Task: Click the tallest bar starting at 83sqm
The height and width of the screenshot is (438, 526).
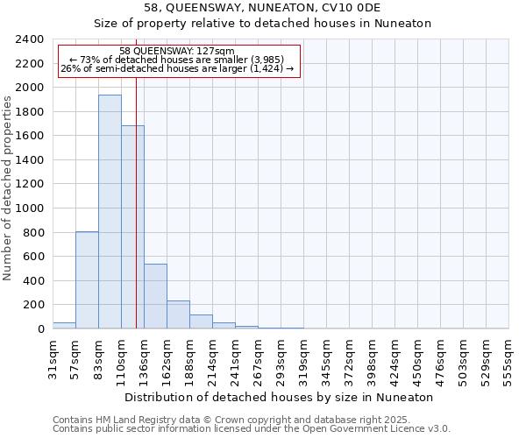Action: [x=110, y=212]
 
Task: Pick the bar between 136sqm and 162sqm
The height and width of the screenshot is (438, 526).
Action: [x=155, y=296]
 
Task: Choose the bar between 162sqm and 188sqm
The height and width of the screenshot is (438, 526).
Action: [x=178, y=314]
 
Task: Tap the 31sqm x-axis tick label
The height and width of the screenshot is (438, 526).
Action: [x=53, y=356]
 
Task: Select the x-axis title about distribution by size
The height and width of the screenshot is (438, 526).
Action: [x=279, y=397]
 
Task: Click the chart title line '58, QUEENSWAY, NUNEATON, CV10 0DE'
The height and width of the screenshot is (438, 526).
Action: [x=263, y=8]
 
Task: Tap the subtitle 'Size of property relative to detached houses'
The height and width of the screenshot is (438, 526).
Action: [x=263, y=24]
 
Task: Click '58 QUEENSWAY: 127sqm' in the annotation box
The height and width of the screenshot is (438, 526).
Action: [x=177, y=52]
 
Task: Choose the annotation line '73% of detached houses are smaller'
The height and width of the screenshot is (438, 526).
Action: [x=177, y=60]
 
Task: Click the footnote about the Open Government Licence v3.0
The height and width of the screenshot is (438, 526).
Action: [x=252, y=429]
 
